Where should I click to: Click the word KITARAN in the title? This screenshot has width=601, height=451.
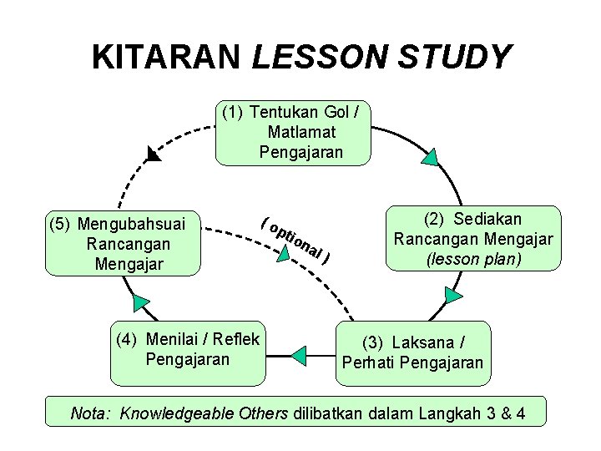click(x=166, y=57)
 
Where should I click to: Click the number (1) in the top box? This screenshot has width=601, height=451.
click(x=233, y=112)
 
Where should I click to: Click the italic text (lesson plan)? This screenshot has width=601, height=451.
click(x=473, y=259)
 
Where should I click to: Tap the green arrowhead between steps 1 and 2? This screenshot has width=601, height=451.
click(x=430, y=159)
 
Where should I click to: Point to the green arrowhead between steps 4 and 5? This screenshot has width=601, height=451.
click(x=140, y=302)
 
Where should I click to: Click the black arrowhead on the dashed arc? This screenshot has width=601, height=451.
click(x=152, y=154)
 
